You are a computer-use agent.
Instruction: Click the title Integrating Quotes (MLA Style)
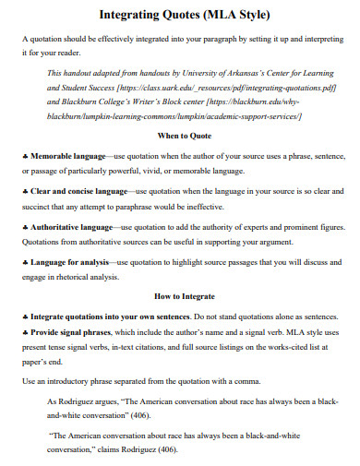click(x=179, y=16)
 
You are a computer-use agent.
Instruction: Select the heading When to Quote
click(x=183, y=135)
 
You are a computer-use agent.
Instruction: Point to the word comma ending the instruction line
click(x=252, y=379)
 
